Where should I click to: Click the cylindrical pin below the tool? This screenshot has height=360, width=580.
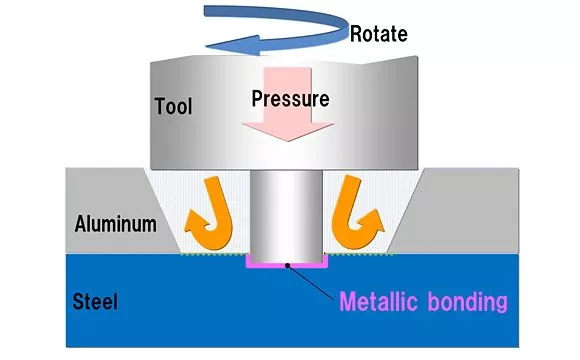coord(288,215)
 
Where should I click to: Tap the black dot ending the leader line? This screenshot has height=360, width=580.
coord(287,265)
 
